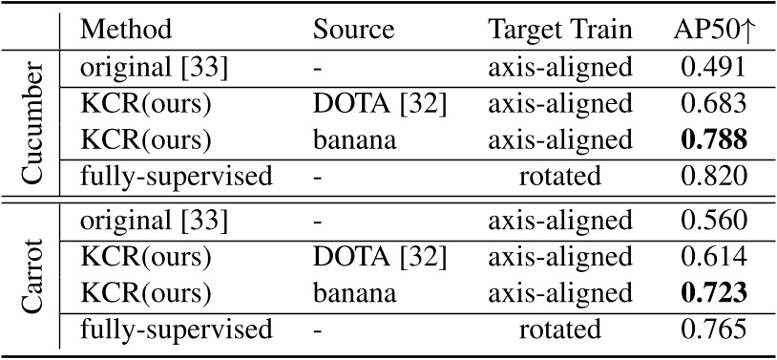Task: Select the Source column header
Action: [353, 29]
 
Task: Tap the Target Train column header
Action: [559, 29]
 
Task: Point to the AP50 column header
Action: [707, 29]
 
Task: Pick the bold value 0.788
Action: [707, 139]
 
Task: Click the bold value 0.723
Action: [707, 300]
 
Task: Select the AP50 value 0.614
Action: [707, 261]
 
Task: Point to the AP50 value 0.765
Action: [707, 331]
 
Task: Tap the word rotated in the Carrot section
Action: [559, 331]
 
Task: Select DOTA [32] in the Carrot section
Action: [379, 261]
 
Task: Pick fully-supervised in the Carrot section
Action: [177, 331]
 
